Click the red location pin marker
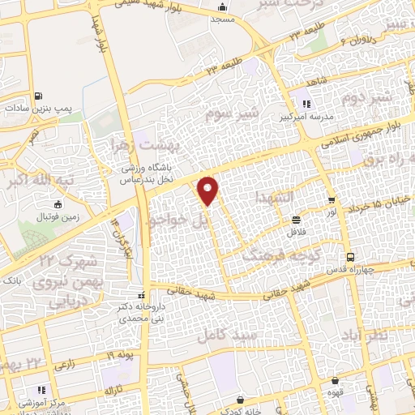pyautogui.click(x=209, y=190)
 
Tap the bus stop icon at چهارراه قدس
pyautogui.click(x=349, y=258)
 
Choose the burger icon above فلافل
pyautogui.click(x=297, y=220)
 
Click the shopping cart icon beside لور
pyautogui.click(x=331, y=200)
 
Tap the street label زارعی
pyautogui.click(x=65, y=366)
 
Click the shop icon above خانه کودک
pyautogui.click(x=241, y=400)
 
